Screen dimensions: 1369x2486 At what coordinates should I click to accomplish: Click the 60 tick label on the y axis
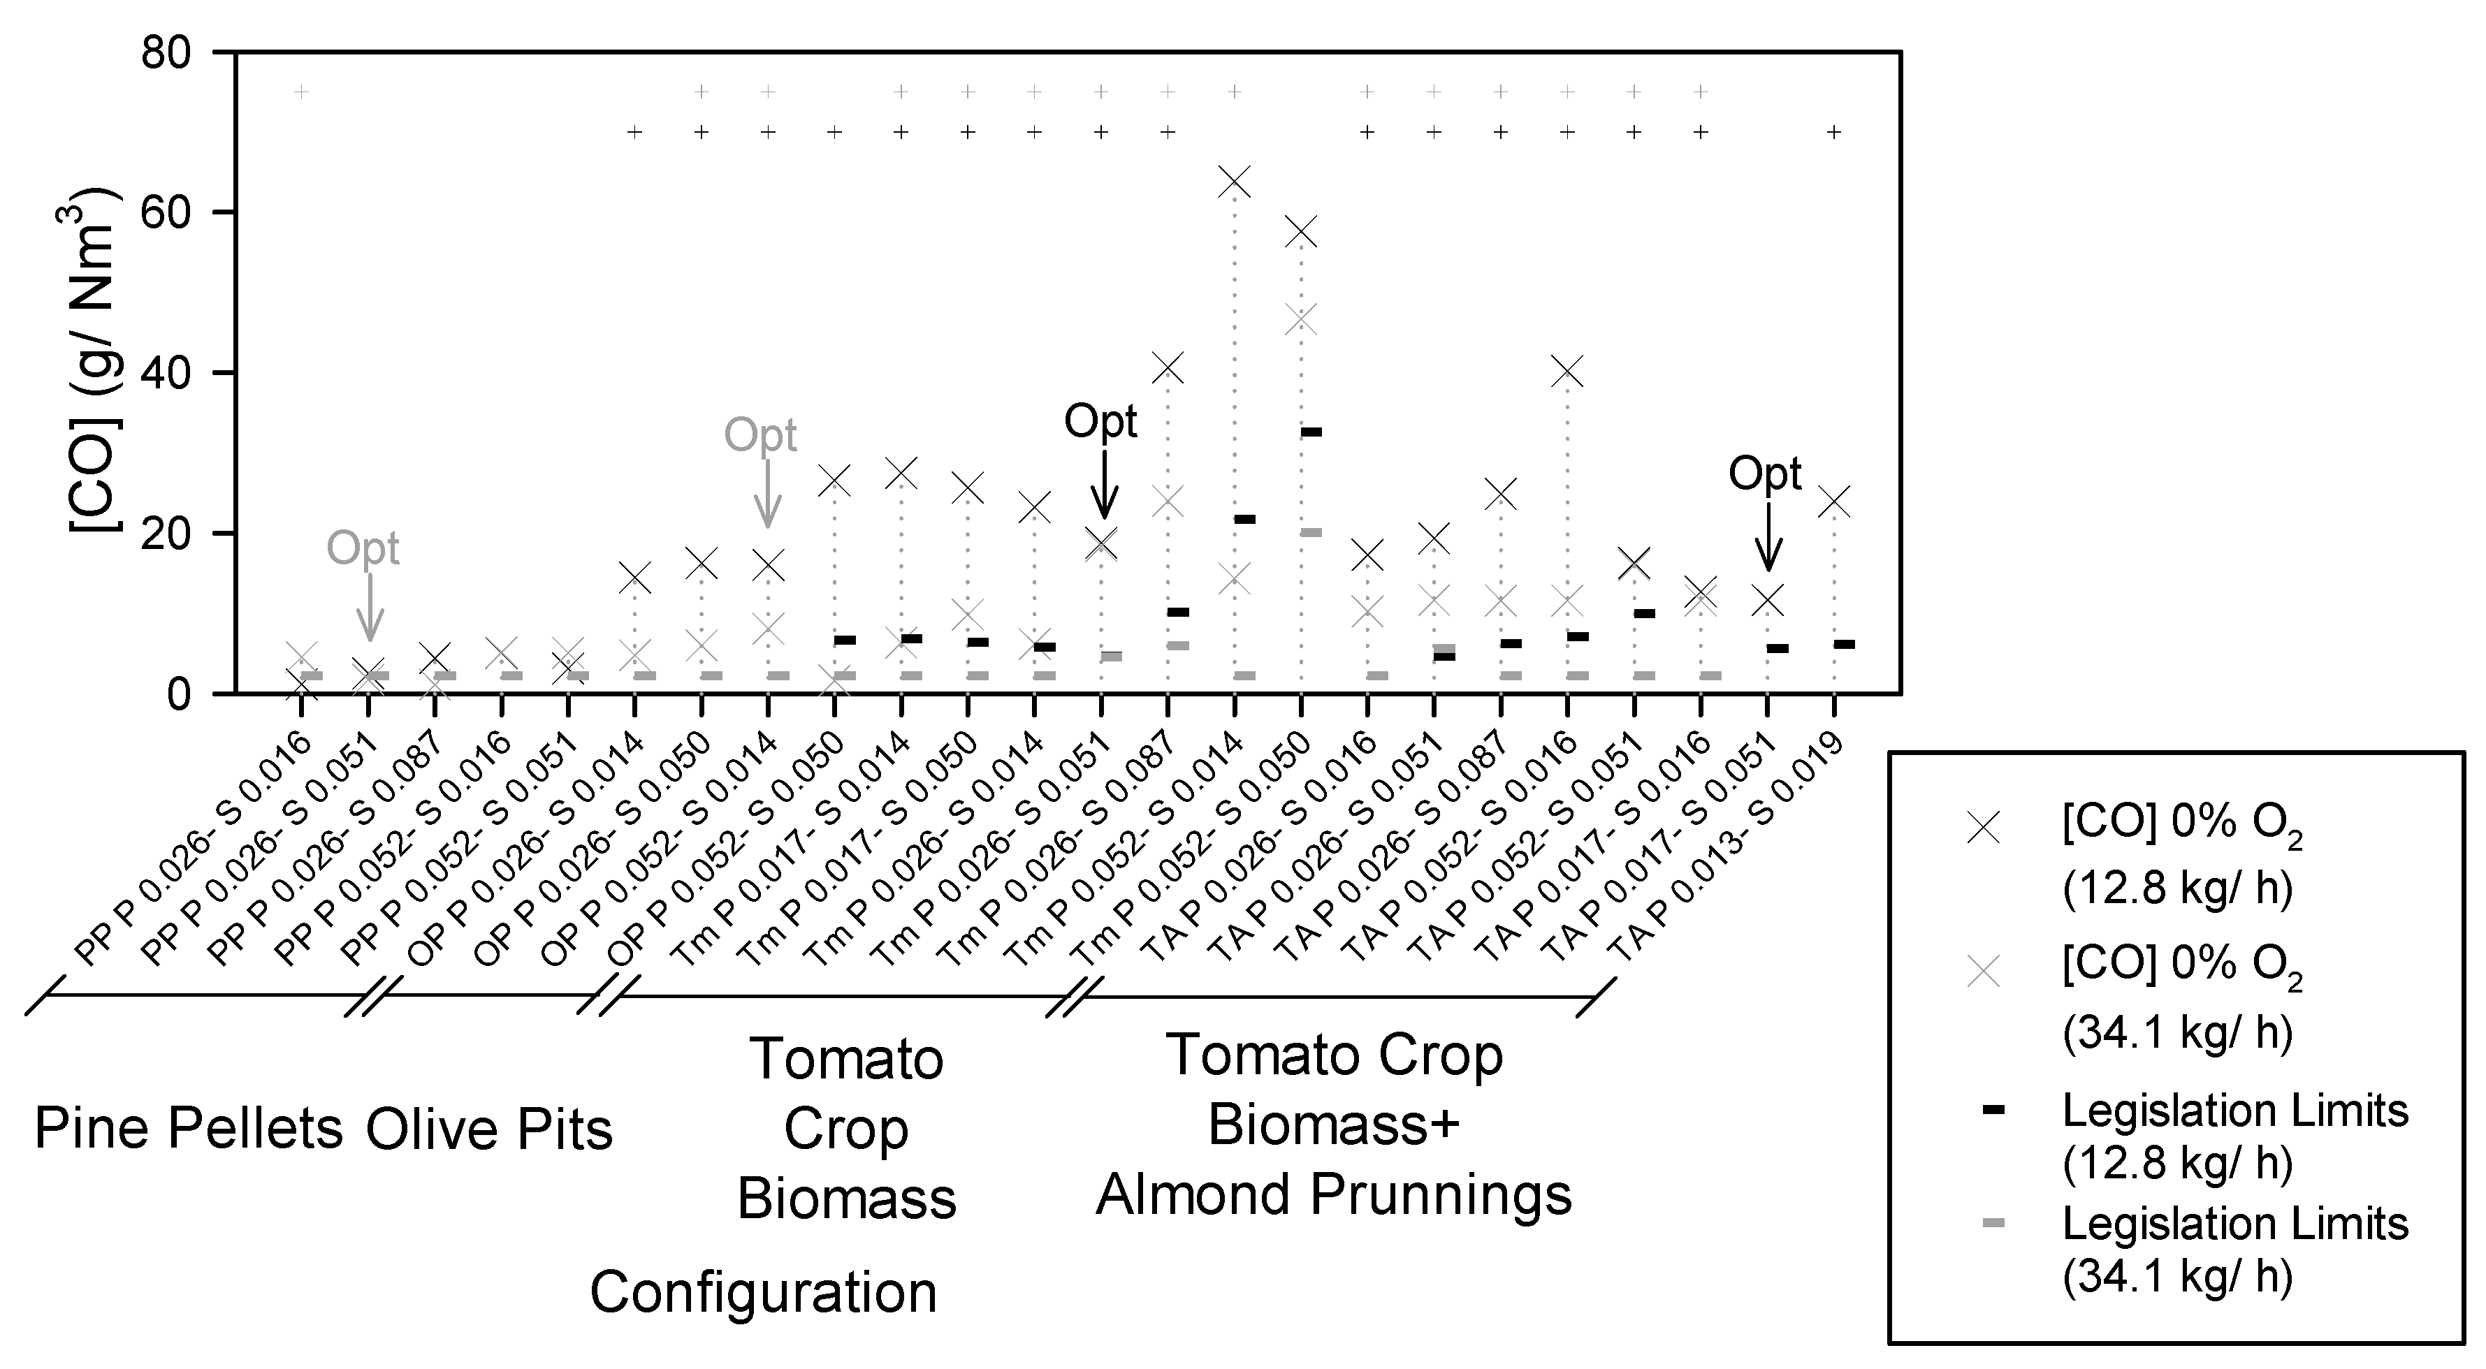pyautogui.click(x=166, y=213)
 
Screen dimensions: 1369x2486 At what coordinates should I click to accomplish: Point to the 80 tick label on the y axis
pyautogui.click(x=166, y=52)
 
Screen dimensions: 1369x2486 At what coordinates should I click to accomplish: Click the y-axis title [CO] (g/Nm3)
pyautogui.click(x=96, y=372)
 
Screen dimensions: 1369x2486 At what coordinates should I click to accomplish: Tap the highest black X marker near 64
pyautogui.click(x=1235, y=182)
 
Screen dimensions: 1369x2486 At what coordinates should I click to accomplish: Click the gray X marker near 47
pyautogui.click(x=1301, y=319)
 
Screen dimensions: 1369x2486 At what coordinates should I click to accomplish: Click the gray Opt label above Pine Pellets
pyautogui.click(x=362, y=548)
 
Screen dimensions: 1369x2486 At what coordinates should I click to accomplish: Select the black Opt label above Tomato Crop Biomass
pyautogui.click(x=1100, y=422)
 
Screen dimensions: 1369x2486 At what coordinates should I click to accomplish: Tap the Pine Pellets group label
pyautogui.click(x=188, y=1128)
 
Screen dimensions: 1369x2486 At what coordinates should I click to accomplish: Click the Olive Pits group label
pyautogui.click(x=489, y=1128)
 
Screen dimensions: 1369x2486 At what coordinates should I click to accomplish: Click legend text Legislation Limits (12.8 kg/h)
pyautogui.click(x=2234, y=1136)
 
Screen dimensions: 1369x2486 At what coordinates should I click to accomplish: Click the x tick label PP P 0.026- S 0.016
pyautogui.click(x=193, y=849)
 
